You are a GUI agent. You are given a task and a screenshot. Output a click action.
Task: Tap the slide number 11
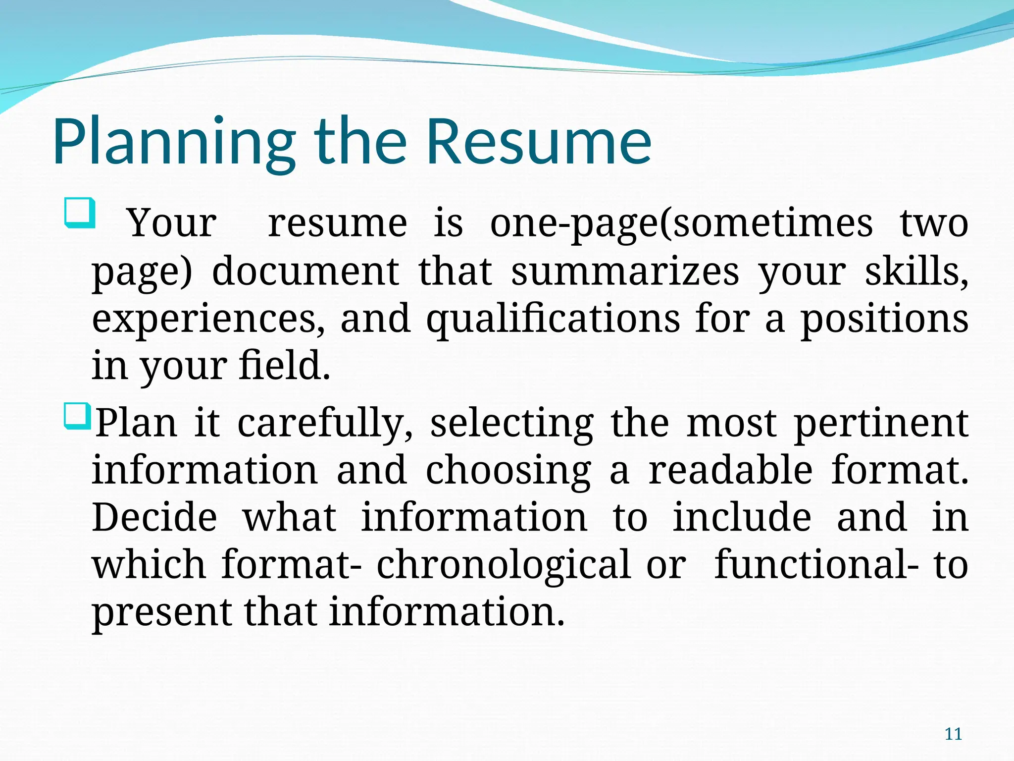(953, 734)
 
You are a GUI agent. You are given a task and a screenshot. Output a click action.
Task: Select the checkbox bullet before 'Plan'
(77, 416)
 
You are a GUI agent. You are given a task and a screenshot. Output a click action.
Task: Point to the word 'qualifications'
(553, 319)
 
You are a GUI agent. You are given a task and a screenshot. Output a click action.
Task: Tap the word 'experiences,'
(208, 319)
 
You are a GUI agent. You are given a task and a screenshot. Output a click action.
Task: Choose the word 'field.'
(284, 365)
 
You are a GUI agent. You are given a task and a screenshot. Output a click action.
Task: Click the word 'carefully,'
(325, 424)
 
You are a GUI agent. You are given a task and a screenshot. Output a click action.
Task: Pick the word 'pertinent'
(881, 424)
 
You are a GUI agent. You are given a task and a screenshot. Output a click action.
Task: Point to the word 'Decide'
(154, 517)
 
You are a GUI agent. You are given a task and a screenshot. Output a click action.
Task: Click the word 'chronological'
(504, 565)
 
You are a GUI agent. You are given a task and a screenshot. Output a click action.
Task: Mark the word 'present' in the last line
(161, 612)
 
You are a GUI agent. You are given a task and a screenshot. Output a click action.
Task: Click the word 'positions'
(884, 319)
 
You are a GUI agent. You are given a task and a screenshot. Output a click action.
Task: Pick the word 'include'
(741, 517)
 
